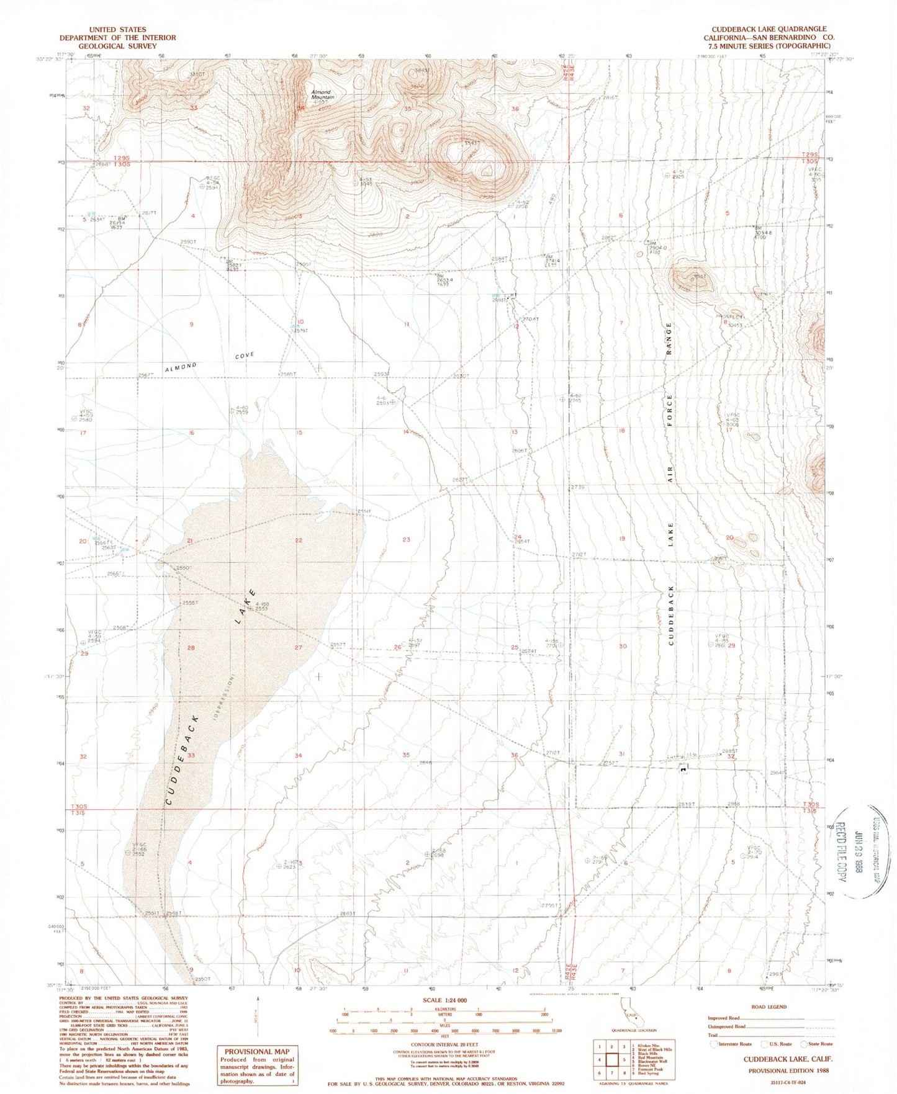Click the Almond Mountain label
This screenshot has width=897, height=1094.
point(322,95)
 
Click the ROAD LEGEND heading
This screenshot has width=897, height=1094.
point(769,1007)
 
